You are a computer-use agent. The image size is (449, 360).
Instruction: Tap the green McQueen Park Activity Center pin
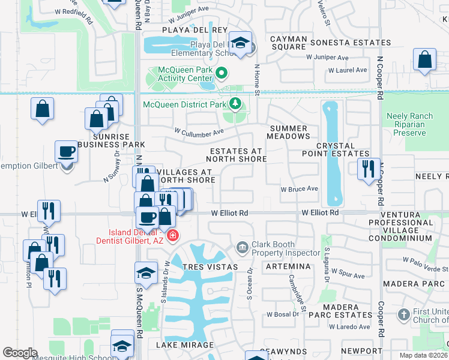221,74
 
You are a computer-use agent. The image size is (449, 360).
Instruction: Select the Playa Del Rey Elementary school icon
241,43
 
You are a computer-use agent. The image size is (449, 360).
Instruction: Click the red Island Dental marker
173,235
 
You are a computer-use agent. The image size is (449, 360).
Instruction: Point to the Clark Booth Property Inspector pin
242,246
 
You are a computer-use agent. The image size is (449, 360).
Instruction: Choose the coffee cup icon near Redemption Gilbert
66,151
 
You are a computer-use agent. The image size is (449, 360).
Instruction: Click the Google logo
20,353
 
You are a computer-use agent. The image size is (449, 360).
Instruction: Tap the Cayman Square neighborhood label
289,43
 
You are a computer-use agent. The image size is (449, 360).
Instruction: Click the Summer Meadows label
289,133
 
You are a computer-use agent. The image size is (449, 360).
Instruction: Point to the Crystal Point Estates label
343,150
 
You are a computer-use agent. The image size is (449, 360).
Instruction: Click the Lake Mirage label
185,345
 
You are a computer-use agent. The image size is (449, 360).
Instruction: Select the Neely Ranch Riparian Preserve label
409,125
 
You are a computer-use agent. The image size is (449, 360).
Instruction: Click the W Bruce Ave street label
300,188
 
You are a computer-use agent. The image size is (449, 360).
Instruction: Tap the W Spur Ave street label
348,276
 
